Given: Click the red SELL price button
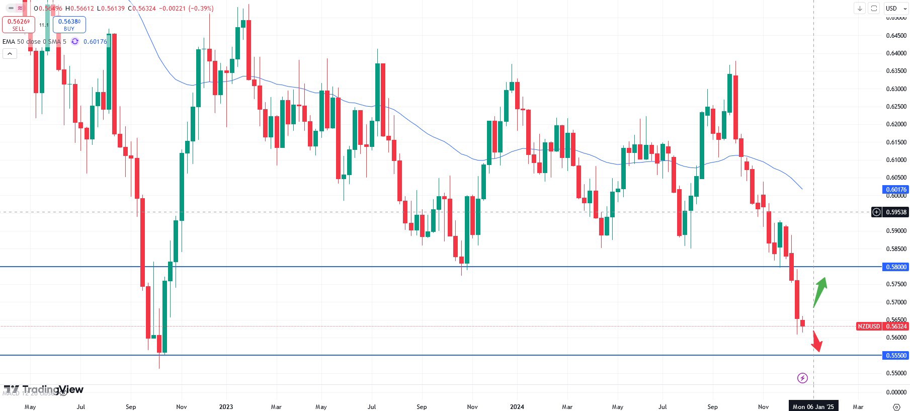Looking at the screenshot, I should (x=19, y=25).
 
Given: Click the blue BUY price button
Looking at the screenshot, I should (x=69, y=25).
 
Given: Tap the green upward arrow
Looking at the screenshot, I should (x=820, y=291).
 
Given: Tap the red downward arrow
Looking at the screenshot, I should (x=816, y=342).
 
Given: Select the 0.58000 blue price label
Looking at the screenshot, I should (x=895, y=267).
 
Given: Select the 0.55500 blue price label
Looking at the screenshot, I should (x=895, y=355).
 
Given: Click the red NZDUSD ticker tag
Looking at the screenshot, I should (x=869, y=326).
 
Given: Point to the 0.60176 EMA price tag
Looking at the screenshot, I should (x=895, y=190).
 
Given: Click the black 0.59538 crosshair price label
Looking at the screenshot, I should (x=895, y=212).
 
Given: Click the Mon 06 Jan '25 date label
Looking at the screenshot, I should (x=813, y=406).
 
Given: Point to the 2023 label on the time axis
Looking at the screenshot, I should (x=226, y=406).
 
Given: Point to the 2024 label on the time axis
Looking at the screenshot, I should (x=517, y=406).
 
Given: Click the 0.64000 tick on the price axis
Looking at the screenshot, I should (x=896, y=53).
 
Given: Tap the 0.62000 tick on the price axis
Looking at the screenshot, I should (x=896, y=124).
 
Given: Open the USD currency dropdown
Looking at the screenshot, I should (x=896, y=8).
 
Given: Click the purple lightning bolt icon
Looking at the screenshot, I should (x=802, y=378).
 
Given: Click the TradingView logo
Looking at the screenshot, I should (x=44, y=389).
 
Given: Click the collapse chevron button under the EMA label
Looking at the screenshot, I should (x=10, y=53).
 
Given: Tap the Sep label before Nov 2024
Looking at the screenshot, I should (x=712, y=406).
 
